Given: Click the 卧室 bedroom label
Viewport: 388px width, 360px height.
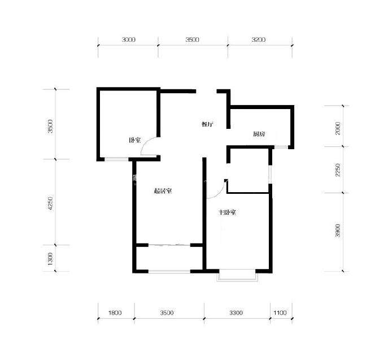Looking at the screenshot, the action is [135, 140].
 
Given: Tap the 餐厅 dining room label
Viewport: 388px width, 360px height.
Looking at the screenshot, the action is [207, 124].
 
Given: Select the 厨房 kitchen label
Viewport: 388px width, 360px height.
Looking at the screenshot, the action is [259, 134].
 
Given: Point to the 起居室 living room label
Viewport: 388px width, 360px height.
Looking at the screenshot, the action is [163, 191].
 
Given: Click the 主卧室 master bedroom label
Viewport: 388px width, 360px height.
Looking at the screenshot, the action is [227, 212].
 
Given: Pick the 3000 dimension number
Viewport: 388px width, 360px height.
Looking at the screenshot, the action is [129, 40].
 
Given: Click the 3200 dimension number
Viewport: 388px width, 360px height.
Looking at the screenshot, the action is [259, 40].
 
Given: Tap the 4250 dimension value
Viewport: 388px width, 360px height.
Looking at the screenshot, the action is [50, 203].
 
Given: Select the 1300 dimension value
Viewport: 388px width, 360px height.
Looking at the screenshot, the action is [50, 259].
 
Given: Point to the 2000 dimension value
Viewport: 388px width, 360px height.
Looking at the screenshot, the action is [338, 128].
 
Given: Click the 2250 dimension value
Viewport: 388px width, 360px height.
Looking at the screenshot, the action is [338, 170].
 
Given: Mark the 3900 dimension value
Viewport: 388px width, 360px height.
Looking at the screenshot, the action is [338, 231].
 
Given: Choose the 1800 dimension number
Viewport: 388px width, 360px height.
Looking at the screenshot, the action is [115, 313].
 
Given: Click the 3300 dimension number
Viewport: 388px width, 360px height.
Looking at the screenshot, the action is [236, 313].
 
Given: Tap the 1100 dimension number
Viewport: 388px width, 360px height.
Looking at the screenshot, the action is [280, 313].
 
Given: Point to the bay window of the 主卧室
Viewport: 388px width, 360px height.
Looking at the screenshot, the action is [237, 275].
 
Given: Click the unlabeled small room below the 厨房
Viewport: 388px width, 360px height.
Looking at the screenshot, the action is [248, 170].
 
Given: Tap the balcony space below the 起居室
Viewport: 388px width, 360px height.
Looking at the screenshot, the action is [169, 258].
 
